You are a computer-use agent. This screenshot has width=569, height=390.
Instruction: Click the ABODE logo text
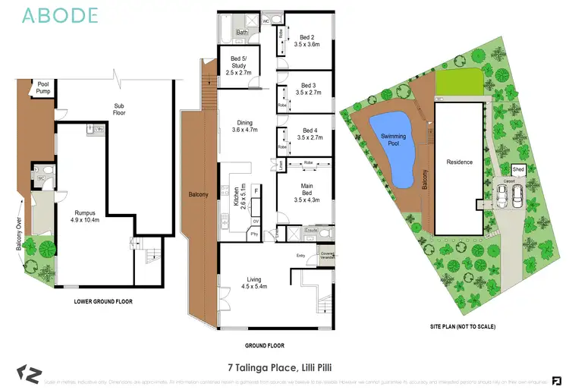pyautogui.click(x=61, y=15)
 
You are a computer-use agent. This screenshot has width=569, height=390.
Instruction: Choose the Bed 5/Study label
pyautogui.click(x=234, y=58)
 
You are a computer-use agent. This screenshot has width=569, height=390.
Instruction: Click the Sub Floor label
pyautogui.click(x=119, y=109)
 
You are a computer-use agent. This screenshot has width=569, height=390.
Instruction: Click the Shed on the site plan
pyautogui.click(x=519, y=169)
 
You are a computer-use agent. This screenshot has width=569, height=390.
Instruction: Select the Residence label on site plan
pyautogui.click(x=459, y=162)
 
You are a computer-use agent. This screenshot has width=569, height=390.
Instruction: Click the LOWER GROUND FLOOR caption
pyautogui.click(x=103, y=301)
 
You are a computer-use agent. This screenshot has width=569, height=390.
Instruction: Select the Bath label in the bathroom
pyautogui.click(x=242, y=33)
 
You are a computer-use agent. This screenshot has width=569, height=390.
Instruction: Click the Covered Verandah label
pyautogui.click(x=327, y=255)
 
